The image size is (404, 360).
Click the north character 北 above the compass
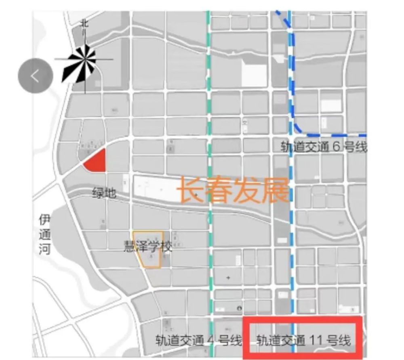(x=84, y=24)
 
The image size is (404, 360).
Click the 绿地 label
(x=104, y=193)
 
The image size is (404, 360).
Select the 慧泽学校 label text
(x=147, y=246)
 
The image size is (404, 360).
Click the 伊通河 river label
(x=45, y=235)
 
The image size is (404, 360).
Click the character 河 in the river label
(x=45, y=249)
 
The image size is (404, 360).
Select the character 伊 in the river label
(x=45, y=220)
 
